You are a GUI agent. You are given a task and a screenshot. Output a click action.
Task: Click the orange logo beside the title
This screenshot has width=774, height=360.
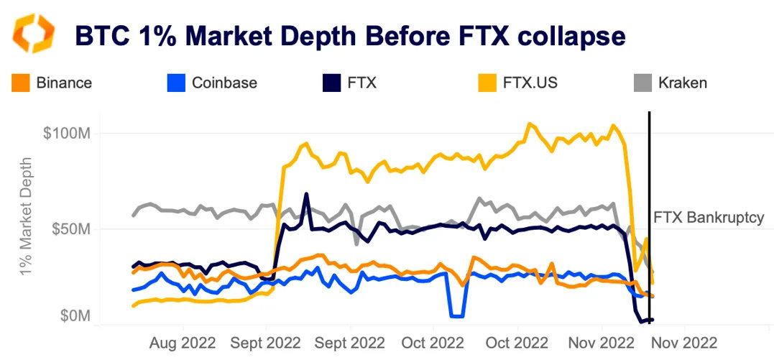(34, 33)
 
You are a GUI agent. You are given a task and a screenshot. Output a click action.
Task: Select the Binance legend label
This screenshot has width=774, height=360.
(63, 83)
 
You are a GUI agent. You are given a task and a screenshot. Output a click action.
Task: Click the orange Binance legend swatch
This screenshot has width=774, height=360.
(21, 83)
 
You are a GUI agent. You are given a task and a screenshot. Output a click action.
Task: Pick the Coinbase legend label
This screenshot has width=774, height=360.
(224, 83)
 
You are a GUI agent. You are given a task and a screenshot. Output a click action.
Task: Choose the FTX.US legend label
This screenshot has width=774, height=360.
(531, 83)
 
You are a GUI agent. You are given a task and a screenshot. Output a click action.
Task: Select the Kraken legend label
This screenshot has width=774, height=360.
(682, 83)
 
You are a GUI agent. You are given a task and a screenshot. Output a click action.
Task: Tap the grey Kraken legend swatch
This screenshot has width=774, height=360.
(642, 83)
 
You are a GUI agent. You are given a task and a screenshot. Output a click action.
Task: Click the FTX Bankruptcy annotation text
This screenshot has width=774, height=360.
(708, 218)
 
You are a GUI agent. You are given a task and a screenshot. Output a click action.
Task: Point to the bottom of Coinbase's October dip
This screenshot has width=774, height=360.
(456, 315)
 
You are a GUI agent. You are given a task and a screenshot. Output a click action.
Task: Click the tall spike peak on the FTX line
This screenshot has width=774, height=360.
(306, 194)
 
